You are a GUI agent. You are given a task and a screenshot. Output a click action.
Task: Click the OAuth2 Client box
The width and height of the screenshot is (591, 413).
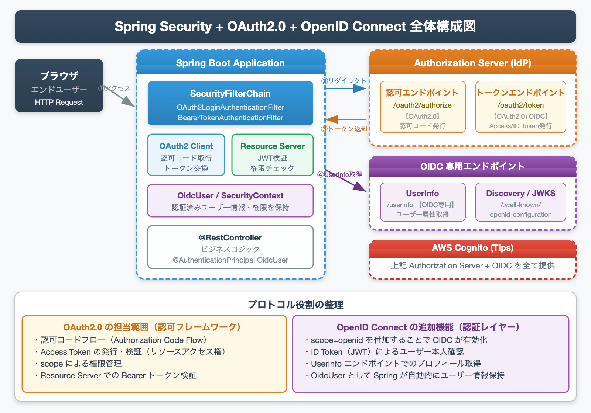pyautogui.click(x=186, y=155)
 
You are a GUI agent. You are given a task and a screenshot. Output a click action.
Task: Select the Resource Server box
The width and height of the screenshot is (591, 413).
pyautogui.click(x=273, y=155)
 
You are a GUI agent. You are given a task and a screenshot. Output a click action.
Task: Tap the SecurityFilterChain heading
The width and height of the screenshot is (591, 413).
pyautogui.click(x=230, y=94)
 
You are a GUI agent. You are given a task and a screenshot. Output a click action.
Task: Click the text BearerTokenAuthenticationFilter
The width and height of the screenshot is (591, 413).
pyautogui.click(x=230, y=118)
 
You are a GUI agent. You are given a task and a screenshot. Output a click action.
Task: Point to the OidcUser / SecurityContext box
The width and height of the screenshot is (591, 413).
pyautogui.click(x=230, y=201)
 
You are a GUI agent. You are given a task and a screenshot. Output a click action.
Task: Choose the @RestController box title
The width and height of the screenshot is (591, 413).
pyautogui.click(x=230, y=237)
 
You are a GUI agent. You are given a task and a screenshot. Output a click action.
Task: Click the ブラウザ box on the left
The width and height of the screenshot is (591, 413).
pyautogui.click(x=59, y=86)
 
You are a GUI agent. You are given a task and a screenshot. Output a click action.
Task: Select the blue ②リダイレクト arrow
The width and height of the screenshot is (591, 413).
pyautogui.click(x=346, y=88)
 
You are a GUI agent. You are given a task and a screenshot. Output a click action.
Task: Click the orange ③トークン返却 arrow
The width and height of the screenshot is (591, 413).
pyautogui.click(x=346, y=119)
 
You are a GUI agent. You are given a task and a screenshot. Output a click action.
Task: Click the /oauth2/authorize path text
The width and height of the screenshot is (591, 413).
pyautogui.click(x=422, y=105)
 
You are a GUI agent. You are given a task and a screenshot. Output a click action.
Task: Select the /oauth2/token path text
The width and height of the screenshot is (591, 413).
pyautogui.click(x=520, y=105)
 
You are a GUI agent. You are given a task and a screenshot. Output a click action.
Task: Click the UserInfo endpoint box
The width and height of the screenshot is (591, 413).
pyautogui.click(x=423, y=202)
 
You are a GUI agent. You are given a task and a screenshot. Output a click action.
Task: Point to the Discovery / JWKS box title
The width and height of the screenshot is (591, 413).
pyautogui.click(x=520, y=193)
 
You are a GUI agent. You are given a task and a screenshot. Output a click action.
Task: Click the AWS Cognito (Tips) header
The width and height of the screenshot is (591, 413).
pyautogui.click(x=472, y=248)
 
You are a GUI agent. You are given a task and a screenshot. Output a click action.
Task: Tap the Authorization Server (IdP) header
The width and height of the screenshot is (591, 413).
pyautogui.click(x=472, y=63)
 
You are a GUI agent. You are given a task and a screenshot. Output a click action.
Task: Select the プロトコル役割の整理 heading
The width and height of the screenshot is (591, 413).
pyautogui.click(x=295, y=305)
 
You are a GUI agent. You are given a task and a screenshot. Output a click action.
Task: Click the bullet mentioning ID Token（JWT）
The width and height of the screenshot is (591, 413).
pyautogui.click(x=387, y=352)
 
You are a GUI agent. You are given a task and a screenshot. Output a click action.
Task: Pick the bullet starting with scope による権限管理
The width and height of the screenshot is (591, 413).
pyautogui.click(x=81, y=364)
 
